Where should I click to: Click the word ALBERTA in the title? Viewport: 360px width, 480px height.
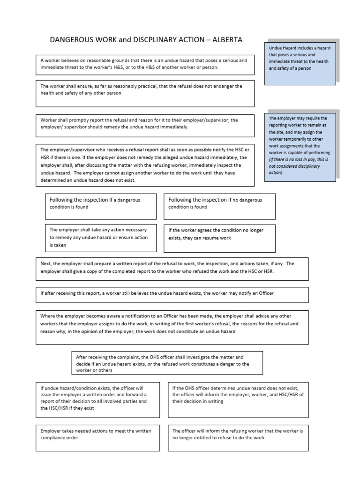point(228,40)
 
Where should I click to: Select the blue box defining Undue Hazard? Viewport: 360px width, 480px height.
point(300,62)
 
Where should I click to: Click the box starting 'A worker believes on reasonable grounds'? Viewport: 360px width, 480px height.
point(145,65)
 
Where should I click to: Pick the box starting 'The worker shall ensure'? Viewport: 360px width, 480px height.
point(145,93)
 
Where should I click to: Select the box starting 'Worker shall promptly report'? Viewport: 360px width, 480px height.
point(145,126)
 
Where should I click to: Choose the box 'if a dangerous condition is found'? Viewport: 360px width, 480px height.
point(101,206)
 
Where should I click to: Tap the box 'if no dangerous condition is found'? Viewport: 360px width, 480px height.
point(219,206)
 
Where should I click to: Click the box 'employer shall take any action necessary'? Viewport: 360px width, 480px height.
point(101,237)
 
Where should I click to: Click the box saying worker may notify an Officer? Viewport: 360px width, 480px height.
point(172,294)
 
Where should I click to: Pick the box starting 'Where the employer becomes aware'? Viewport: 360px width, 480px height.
point(172,327)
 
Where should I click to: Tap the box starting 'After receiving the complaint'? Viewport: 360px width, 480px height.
point(167,363)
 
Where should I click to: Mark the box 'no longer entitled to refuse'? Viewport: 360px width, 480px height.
point(238,437)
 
